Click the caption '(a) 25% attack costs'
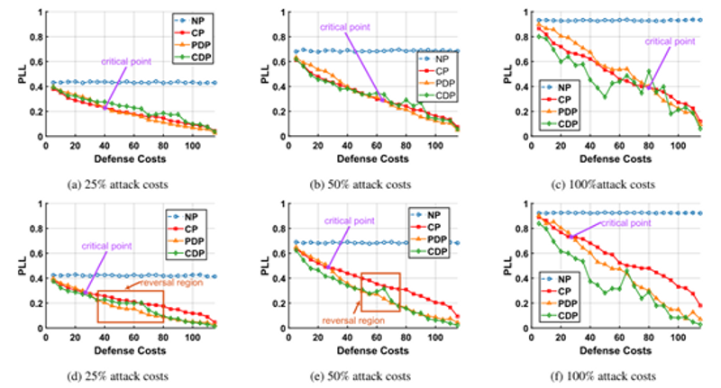[120, 184]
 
